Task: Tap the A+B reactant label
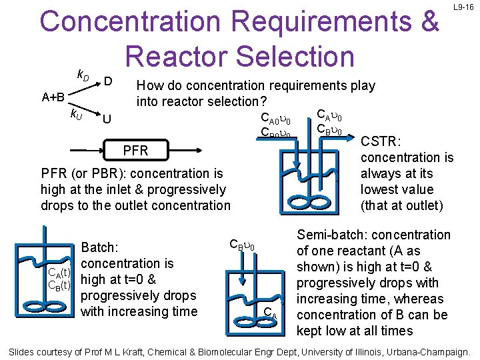coord(53,97)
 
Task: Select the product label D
coord(108,81)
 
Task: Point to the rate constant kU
coord(77,114)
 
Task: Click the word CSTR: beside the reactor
coord(381,141)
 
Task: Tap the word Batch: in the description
coord(99,247)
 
